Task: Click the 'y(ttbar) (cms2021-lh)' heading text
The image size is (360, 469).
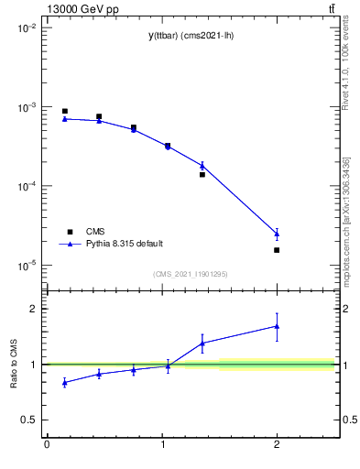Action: tap(190, 36)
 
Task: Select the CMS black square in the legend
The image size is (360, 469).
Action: tap(69, 231)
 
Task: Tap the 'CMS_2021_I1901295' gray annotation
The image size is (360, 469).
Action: tap(190, 274)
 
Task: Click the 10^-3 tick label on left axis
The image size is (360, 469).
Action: tap(26, 107)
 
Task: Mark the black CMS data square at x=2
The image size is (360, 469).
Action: tap(277, 250)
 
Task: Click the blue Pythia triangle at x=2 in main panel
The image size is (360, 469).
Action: tap(277, 234)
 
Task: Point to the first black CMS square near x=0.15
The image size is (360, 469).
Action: tap(64, 111)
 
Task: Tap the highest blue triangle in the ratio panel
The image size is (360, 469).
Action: tap(277, 326)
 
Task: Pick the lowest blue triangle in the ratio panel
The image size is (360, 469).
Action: tap(64, 382)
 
